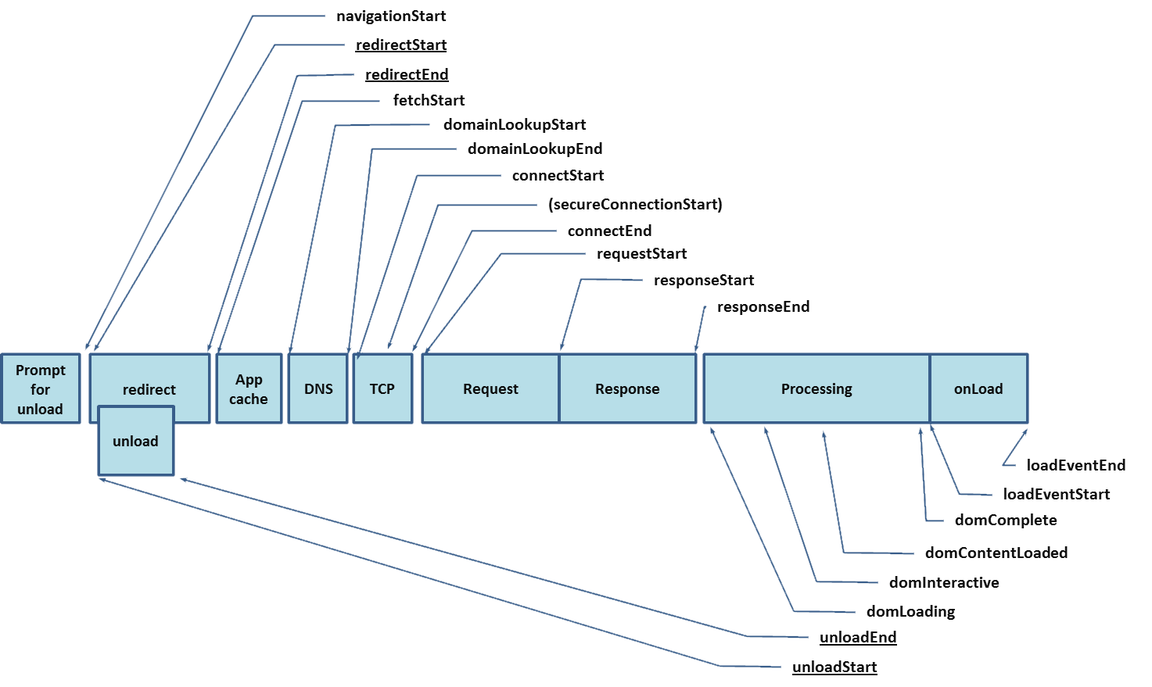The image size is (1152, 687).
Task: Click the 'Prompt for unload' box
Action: point(41,388)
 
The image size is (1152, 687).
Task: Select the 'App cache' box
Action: point(249,388)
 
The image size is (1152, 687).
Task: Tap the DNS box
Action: point(318,388)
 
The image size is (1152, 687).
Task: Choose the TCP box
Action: point(382,388)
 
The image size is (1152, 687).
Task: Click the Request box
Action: point(490,388)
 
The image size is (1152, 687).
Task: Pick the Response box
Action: point(628,388)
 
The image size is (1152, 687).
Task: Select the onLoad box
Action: point(978,388)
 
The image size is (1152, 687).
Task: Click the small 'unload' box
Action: point(136,441)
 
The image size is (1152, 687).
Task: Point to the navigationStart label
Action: point(391,16)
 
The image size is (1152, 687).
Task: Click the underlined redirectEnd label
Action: point(407,74)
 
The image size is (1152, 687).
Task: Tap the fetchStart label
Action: point(429,100)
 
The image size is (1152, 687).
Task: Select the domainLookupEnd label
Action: point(535,149)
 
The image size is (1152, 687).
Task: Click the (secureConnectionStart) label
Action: point(635,205)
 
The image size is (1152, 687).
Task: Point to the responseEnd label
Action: point(763,306)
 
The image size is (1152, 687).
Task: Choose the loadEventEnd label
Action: point(1076,466)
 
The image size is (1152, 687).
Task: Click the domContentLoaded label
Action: point(996,553)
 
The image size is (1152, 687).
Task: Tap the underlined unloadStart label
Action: point(834,667)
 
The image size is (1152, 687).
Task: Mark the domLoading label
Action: point(911,611)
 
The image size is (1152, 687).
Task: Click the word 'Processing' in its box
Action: point(816,389)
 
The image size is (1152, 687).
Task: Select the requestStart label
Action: point(642,254)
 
